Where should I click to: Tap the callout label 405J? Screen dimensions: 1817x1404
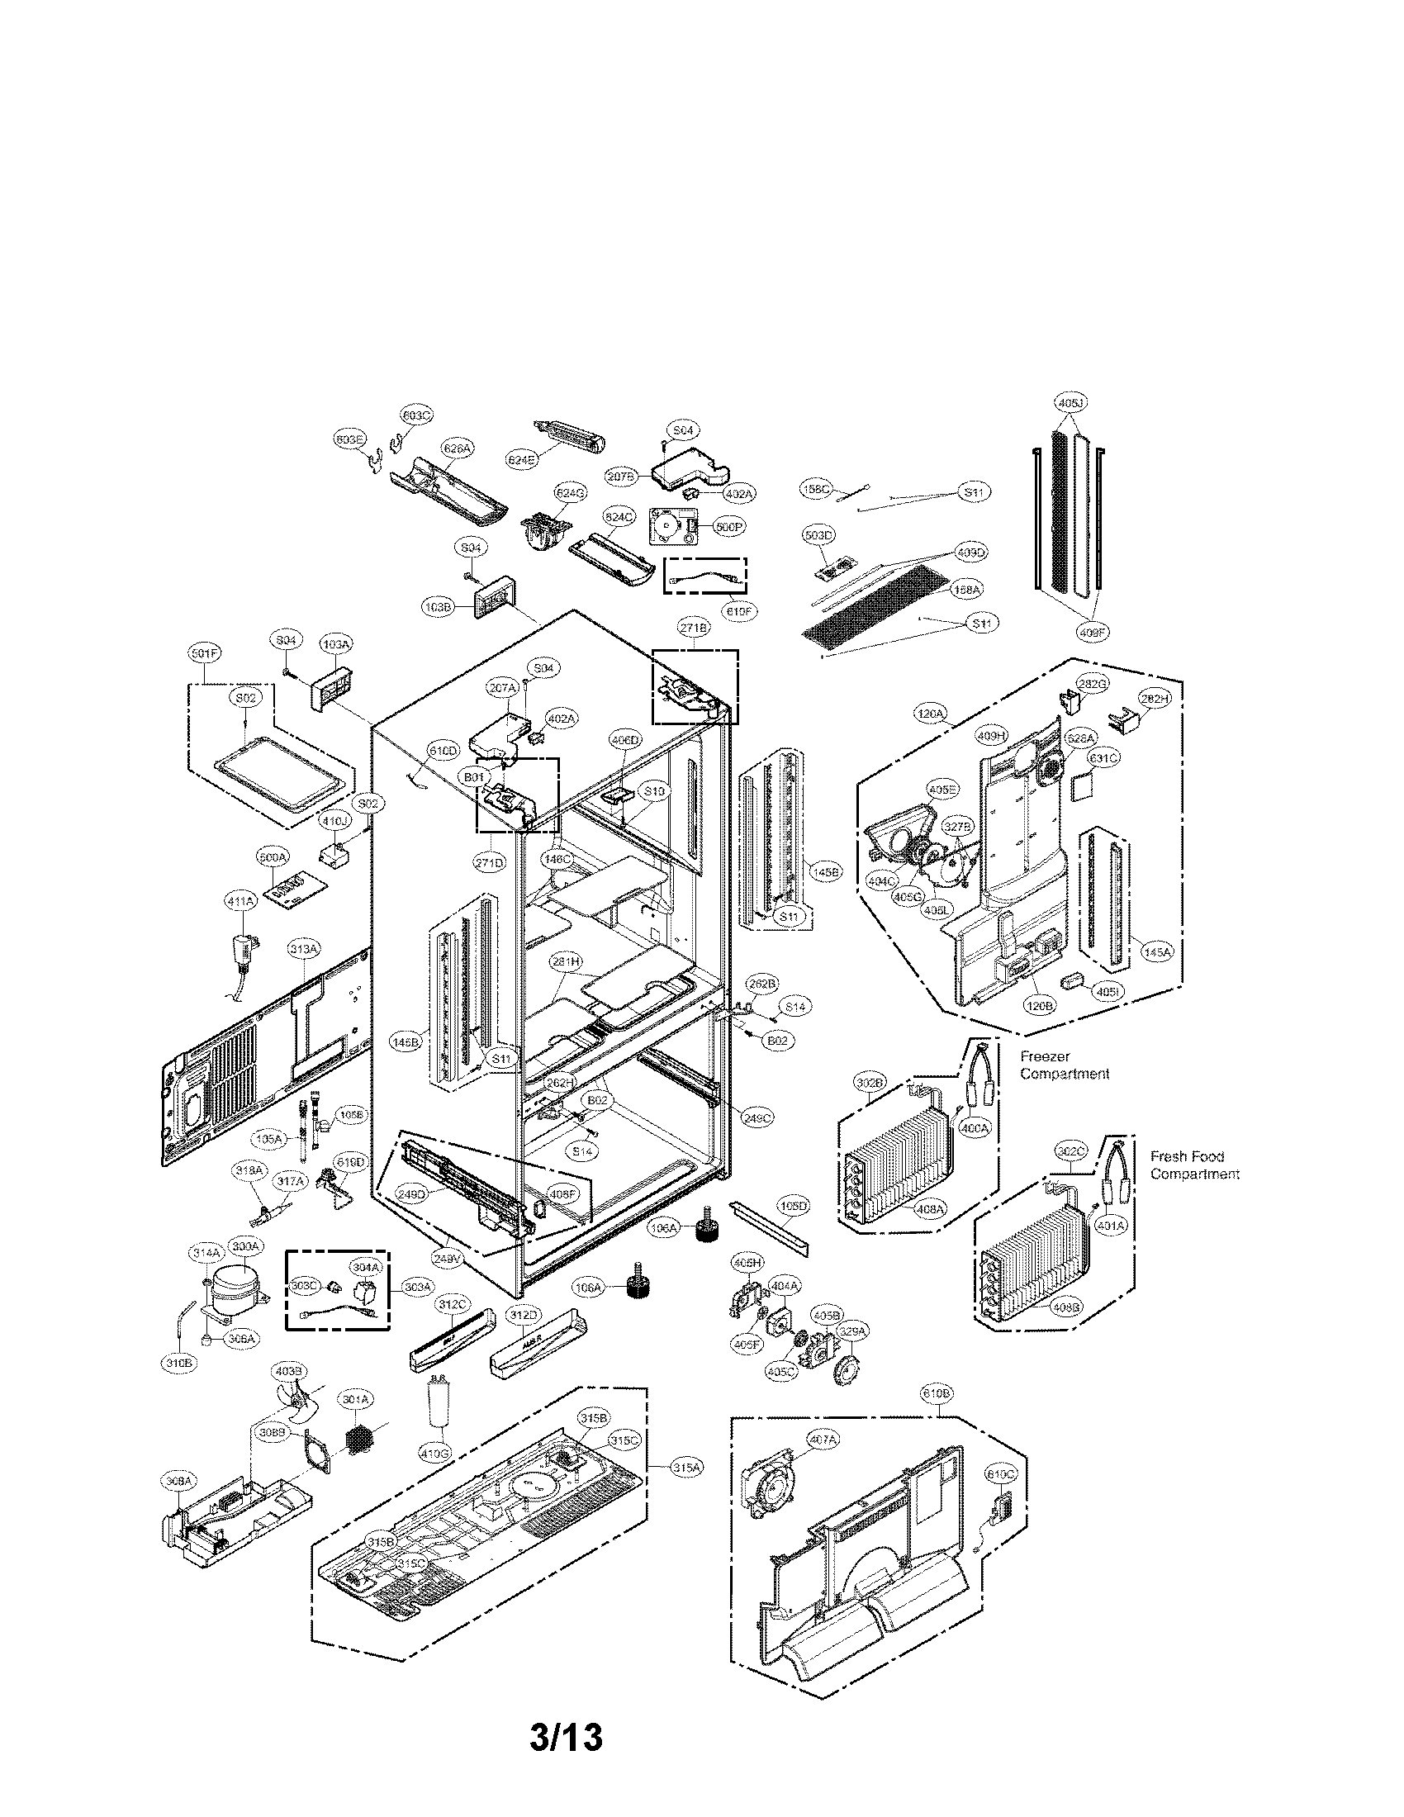pos(1072,404)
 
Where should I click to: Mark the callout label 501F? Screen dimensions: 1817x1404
pos(203,655)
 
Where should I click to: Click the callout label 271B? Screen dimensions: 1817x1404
pos(693,629)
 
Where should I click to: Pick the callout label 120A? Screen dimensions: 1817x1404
pos(932,714)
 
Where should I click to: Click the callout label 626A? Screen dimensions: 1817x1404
pos(456,448)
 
